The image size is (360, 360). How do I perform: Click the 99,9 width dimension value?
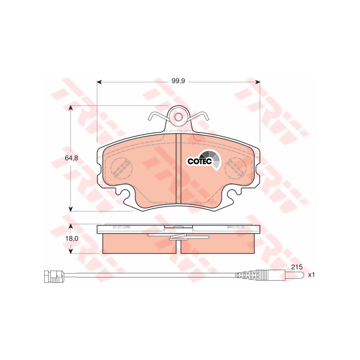(x=178, y=81)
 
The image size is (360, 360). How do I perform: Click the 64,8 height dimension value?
(x=71, y=158)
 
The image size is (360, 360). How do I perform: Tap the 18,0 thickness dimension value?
(x=72, y=239)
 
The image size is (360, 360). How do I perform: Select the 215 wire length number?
(x=297, y=267)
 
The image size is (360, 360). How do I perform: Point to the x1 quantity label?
(x=311, y=275)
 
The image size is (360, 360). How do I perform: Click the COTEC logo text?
(x=200, y=161)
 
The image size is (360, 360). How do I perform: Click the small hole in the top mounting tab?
(x=178, y=117)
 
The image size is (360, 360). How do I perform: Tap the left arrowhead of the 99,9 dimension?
(x=99, y=82)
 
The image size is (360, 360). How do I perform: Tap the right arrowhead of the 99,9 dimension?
(x=258, y=82)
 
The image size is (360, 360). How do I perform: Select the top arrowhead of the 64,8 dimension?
(x=71, y=108)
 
